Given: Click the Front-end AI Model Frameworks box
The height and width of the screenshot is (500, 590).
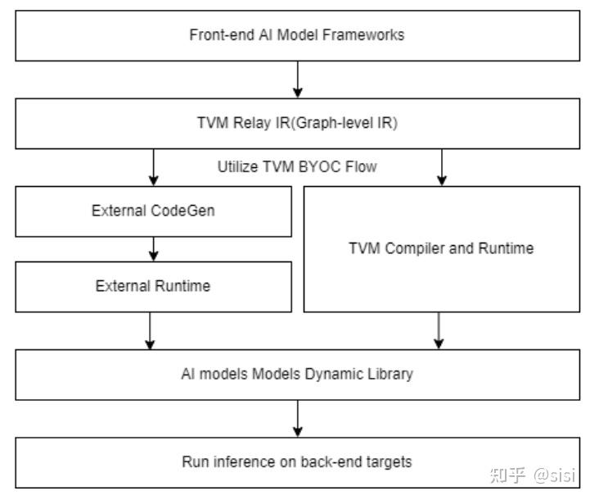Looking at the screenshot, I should coord(296,34).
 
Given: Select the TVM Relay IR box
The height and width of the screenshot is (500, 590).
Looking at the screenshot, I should coord(296,123).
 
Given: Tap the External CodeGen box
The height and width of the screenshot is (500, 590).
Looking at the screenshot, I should coord(152,211).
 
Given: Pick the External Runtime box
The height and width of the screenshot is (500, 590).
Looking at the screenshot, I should coord(152,286).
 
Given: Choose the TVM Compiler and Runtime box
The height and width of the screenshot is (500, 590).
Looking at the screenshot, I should coord(441,248).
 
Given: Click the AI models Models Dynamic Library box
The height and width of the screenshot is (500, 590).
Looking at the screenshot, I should coord(296,374).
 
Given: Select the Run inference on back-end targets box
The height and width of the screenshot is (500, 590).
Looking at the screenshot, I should coord(296,461).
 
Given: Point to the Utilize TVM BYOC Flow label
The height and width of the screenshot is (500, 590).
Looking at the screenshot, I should coord(296,166).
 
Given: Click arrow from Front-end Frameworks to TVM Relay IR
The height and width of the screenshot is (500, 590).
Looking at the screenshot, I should coord(297,80).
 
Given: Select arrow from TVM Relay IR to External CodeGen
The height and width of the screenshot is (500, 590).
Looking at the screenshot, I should coord(153,167).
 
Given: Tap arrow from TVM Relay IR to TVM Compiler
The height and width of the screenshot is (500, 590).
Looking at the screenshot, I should coord(442,167).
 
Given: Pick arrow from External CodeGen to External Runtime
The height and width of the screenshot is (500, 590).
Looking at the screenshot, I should coord(153,248).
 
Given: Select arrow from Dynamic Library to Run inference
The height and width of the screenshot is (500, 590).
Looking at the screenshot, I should coord(297,418).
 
